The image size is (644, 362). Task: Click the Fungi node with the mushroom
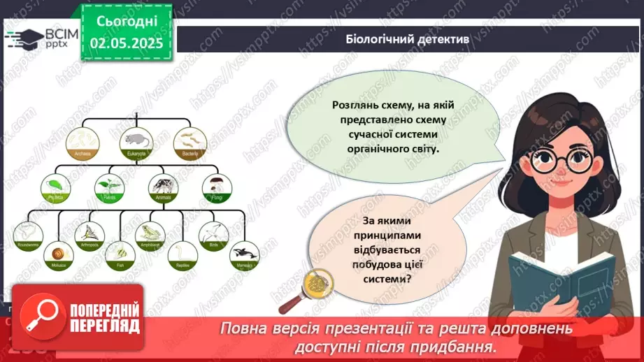click(x=216, y=188)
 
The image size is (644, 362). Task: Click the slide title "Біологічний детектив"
click(x=408, y=40)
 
